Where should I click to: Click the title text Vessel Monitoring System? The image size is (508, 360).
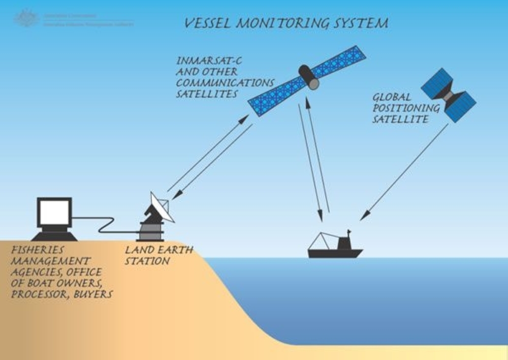click(286, 23)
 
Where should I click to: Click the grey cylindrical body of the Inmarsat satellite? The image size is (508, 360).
click(308, 76)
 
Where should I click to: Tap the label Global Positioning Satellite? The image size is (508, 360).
click(399, 108)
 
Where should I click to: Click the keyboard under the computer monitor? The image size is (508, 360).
click(54, 236)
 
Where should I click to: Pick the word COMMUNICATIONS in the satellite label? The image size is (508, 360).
click(226, 83)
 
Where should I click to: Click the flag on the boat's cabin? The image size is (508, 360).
click(348, 232)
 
